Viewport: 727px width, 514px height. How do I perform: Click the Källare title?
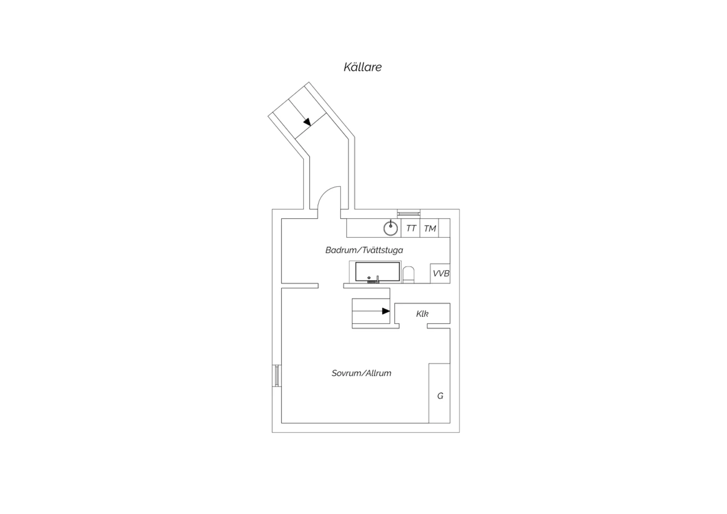click(x=363, y=67)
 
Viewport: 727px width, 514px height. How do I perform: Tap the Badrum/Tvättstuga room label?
click(x=364, y=250)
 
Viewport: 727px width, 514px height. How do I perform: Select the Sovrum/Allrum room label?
click(x=361, y=373)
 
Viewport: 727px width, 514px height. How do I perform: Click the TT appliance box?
click(x=411, y=228)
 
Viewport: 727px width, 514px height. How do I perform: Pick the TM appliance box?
click(x=429, y=228)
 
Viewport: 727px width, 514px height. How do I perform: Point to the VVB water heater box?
click(x=440, y=273)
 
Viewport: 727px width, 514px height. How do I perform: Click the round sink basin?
click(x=391, y=228)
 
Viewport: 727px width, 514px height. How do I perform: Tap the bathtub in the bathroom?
click(x=377, y=272)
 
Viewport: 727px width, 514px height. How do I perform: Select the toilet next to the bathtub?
click(x=409, y=274)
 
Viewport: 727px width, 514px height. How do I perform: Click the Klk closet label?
click(x=422, y=314)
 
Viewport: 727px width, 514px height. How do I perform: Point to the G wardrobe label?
click(x=440, y=396)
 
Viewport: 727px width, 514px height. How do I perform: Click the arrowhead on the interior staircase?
click(x=386, y=311)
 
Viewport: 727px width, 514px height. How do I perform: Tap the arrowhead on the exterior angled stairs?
click(x=307, y=122)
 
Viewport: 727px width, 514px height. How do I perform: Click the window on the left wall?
click(x=277, y=376)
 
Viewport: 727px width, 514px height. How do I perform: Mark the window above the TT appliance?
click(x=409, y=213)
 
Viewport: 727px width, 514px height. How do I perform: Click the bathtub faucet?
click(x=377, y=280)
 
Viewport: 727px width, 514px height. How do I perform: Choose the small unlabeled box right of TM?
click(x=444, y=228)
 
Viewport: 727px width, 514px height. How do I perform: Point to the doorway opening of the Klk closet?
click(x=413, y=326)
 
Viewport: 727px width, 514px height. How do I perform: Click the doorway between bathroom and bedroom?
click(x=331, y=286)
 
